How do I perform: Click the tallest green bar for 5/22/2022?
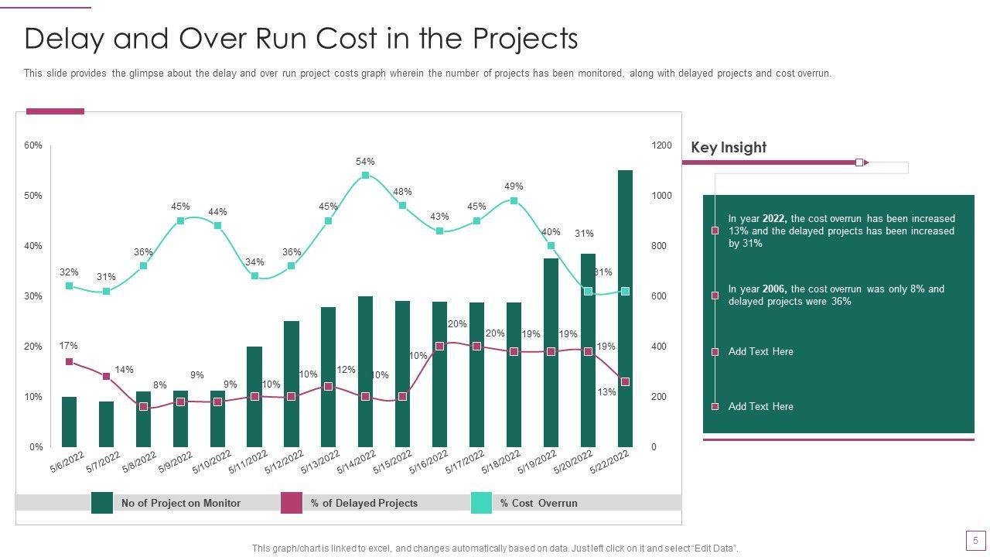point(625,309)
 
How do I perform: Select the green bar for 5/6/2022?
point(70,422)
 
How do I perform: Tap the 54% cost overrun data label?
point(365,162)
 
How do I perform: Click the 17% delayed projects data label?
point(68,346)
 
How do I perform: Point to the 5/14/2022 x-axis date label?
point(357,463)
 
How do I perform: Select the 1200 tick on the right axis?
point(661,145)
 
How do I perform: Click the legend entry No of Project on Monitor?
point(180,503)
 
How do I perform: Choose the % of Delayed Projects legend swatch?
point(291,503)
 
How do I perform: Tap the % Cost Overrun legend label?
point(538,503)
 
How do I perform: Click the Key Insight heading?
point(729,147)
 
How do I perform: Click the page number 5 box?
point(975,540)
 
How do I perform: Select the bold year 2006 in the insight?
point(774,289)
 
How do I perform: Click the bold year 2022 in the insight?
point(774,219)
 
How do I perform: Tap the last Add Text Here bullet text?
point(760,406)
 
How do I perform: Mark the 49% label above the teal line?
point(514,186)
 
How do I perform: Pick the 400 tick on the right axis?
point(658,347)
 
